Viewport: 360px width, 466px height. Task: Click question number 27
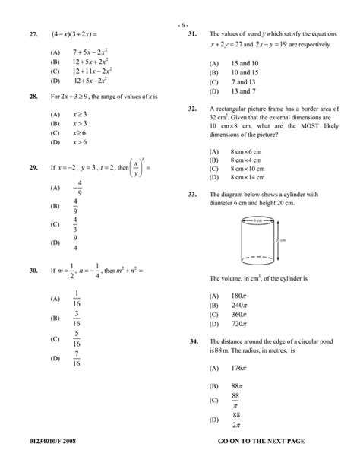(x=33, y=35)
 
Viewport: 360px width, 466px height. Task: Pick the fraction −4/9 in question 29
(x=76, y=189)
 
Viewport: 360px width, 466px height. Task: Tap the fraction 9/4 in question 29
(x=76, y=243)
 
